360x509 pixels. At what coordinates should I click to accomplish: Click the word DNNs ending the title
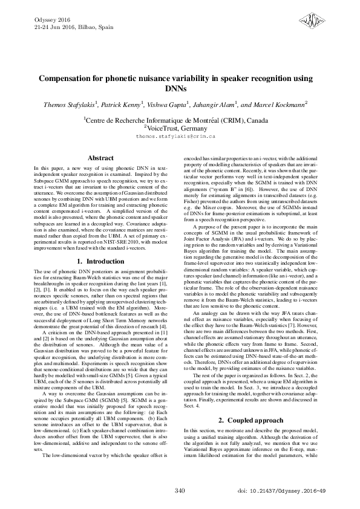(x=180, y=89)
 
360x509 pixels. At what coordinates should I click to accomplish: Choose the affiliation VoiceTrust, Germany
(x=179, y=128)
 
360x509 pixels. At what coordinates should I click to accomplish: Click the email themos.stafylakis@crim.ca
(x=180, y=137)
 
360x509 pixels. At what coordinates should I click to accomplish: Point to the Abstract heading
(x=101, y=158)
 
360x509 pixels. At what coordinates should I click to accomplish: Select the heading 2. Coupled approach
(x=258, y=420)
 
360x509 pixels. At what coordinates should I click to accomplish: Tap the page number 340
(x=180, y=490)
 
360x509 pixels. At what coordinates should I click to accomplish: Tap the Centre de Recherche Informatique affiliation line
(x=180, y=120)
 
